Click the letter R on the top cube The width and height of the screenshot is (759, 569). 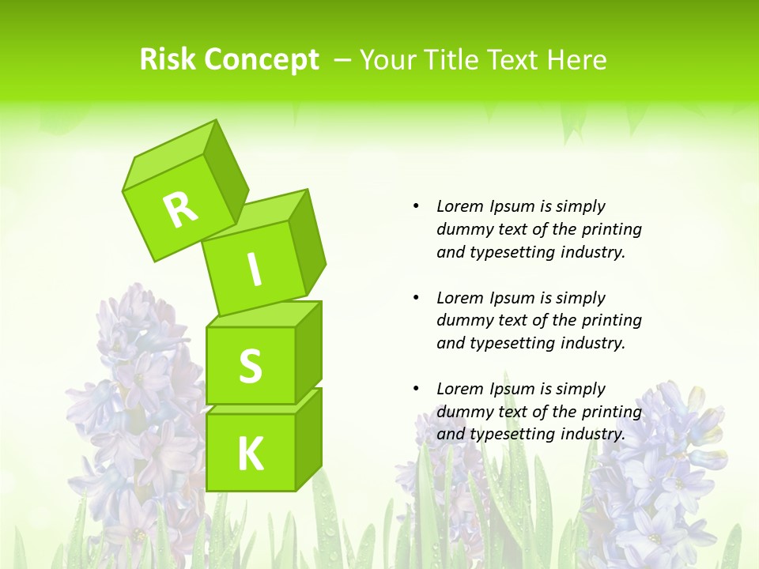pyautogui.click(x=180, y=209)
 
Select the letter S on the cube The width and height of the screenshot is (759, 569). pyautogui.click(x=250, y=367)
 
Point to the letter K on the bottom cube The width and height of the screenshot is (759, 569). pyautogui.click(x=250, y=454)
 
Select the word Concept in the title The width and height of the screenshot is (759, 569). pyautogui.click(x=262, y=60)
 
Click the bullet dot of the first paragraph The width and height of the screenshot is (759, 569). pyautogui.click(x=416, y=206)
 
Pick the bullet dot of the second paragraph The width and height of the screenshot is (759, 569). pyautogui.click(x=416, y=298)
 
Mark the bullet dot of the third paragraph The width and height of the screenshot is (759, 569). pyautogui.click(x=416, y=389)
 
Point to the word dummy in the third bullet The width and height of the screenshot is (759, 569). pyautogui.click(x=462, y=412)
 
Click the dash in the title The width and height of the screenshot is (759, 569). pyautogui.click(x=343, y=59)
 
